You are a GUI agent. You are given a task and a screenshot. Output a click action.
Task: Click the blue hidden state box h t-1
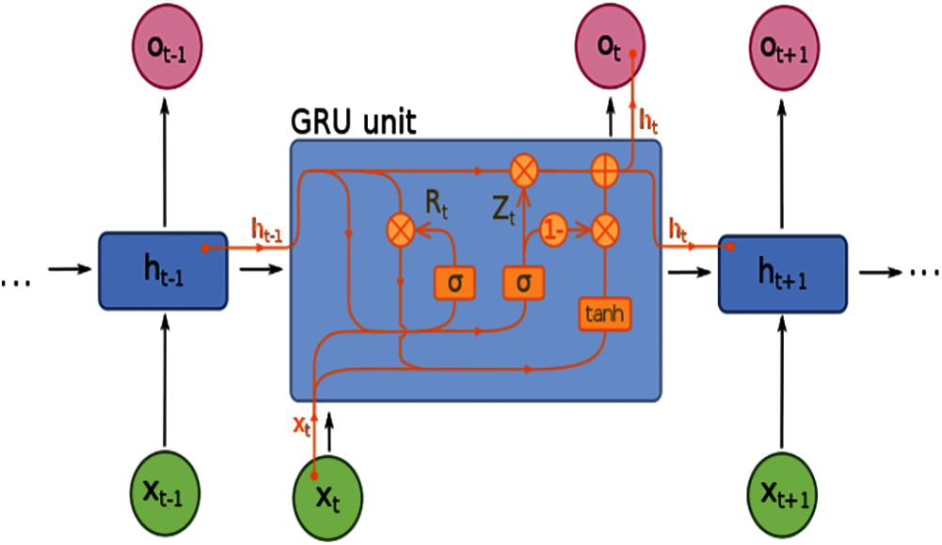(163, 269)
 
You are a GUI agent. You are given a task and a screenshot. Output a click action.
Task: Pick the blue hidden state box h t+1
(783, 273)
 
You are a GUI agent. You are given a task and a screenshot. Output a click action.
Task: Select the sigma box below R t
(455, 281)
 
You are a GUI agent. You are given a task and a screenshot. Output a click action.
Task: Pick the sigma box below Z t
(524, 281)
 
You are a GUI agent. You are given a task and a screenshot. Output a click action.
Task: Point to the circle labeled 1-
(554, 229)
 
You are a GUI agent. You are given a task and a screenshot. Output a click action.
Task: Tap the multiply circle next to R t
(402, 229)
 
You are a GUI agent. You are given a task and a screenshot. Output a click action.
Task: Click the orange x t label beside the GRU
(300, 425)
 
